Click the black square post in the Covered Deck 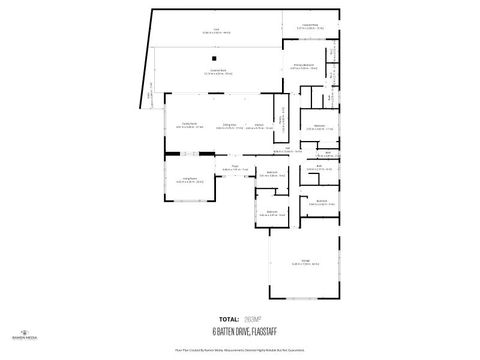(x=213, y=58)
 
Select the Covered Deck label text (x=218, y=71)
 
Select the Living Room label (x=190, y=179)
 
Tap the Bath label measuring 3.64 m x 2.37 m (x=319, y=167)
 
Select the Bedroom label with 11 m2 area (x=319, y=127)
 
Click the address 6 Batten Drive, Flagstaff (x=244, y=331)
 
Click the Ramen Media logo (x=25, y=334)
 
